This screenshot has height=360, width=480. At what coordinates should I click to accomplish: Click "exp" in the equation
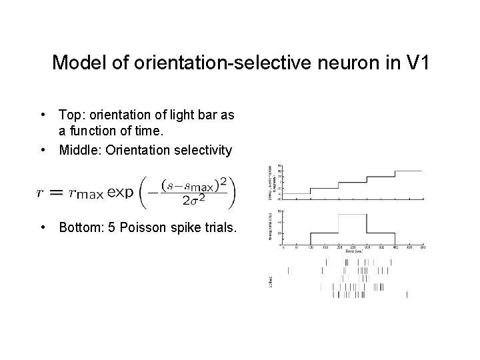click(x=120, y=193)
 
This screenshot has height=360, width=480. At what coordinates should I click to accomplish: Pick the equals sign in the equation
click(x=56, y=193)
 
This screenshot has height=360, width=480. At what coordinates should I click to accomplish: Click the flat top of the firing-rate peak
click(x=352, y=215)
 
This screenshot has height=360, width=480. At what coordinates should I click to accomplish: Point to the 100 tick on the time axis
click(x=311, y=247)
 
